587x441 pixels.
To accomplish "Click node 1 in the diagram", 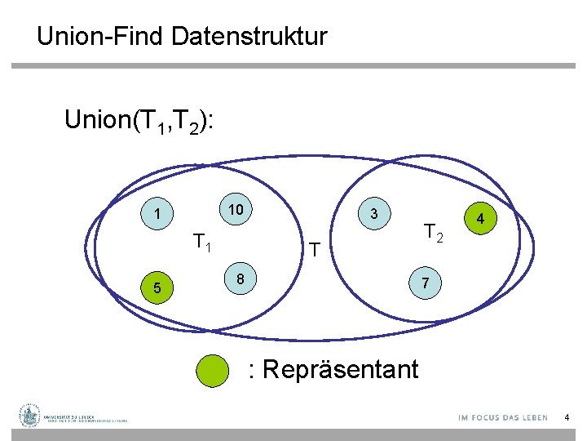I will click(x=156, y=216).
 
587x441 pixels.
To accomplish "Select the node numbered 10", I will click(x=236, y=210).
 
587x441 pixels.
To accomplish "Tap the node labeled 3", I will click(x=373, y=214).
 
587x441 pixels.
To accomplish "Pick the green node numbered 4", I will click(x=481, y=220).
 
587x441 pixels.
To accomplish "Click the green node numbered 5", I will click(x=157, y=288).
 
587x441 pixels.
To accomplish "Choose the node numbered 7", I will click(x=425, y=282).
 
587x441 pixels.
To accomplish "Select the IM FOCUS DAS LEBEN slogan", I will click(x=503, y=417).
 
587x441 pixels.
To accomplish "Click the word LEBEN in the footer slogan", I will click(x=533, y=417).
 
